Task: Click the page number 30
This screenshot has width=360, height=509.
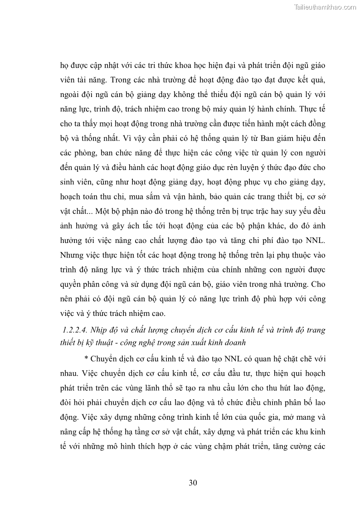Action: tap(193, 483)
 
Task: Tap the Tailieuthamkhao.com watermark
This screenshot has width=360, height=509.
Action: tap(325, 7)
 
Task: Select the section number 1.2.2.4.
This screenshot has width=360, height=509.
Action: tap(78, 330)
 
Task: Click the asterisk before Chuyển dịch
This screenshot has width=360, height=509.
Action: tap(87, 359)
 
